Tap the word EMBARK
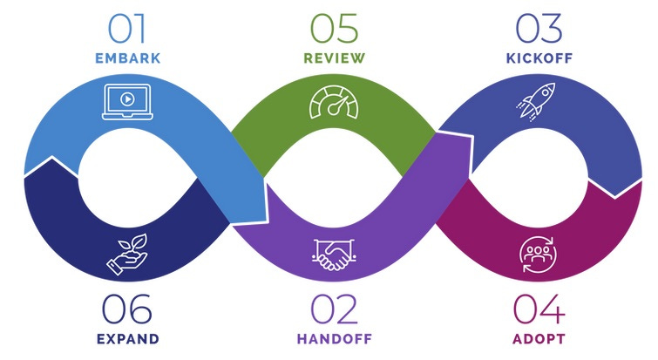[x=127, y=59]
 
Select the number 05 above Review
[x=333, y=28]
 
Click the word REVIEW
[x=333, y=59]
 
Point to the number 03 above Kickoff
[x=539, y=28]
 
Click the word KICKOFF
[x=539, y=59]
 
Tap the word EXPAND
[x=127, y=339]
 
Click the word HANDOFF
[x=333, y=339]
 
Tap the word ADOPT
[x=539, y=339]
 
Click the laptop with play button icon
[x=127, y=101]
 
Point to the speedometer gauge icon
[x=333, y=102]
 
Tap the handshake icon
[x=333, y=254]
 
